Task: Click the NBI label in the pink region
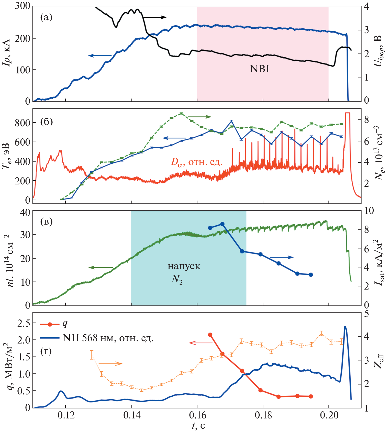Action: [x=259, y=69]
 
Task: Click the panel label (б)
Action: [x=46, y=122]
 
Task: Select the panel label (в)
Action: [x=46, y=221]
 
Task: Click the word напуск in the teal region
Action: [x=184, y=266]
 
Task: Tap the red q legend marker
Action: [x=50, y=324]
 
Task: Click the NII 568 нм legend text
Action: [x=108, y=338]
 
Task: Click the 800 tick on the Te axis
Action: [x=22, y=123]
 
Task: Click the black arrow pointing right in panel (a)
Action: [x=154, y=17]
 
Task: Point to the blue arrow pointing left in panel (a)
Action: [x=100, y=56]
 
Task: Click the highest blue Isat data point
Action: [x=222, y=224]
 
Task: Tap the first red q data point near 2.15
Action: [x=210, y=335]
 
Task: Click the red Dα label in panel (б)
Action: [x=196, y=162]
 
